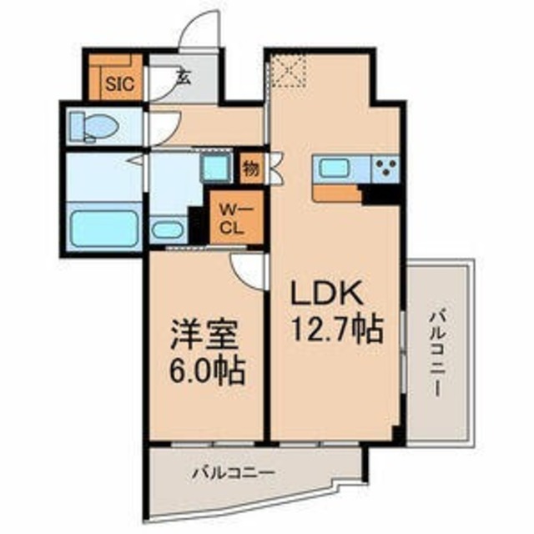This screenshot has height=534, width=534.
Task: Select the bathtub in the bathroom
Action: click(104, 227)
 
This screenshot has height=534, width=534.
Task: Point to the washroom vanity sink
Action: click(169, 228)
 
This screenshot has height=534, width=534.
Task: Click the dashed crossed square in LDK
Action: click(290, 70)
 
